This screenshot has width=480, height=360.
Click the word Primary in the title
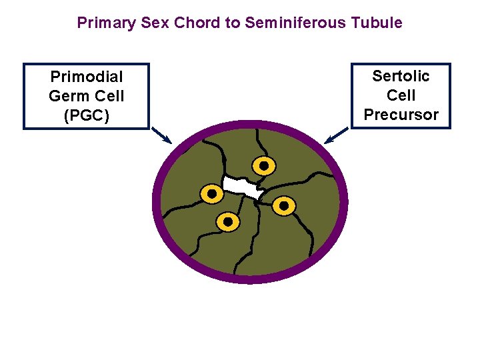click(x=107, y=23)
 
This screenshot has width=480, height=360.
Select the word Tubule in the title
click(x=377, y=23)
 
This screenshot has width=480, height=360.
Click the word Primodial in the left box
click(x=87, y=77)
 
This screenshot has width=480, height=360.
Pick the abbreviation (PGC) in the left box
click(x=87, y=115)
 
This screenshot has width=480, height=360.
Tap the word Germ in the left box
click(x=68, y=96)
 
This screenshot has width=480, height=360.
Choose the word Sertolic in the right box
click(x=401, y=76)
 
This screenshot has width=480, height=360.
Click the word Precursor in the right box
click(x=401, y=115)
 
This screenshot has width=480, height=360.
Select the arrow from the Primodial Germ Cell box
click(x=161, y=135)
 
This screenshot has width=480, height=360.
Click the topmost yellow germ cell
click(x=263, y=165)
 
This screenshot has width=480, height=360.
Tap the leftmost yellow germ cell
click(x=212, y=194)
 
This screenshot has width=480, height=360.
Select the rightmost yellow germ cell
click(x=283, y=206)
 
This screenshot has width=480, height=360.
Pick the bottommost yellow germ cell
click(x=228, y=221)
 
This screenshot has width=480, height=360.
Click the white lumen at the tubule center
click(x=241, y=187)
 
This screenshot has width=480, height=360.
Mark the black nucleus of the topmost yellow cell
click(x=263, y=165)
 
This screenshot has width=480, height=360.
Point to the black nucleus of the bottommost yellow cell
click(x=228, y=221)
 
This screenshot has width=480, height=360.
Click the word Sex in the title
click(x=157, y=23)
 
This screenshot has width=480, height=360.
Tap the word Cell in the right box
click(x=401, y=95)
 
